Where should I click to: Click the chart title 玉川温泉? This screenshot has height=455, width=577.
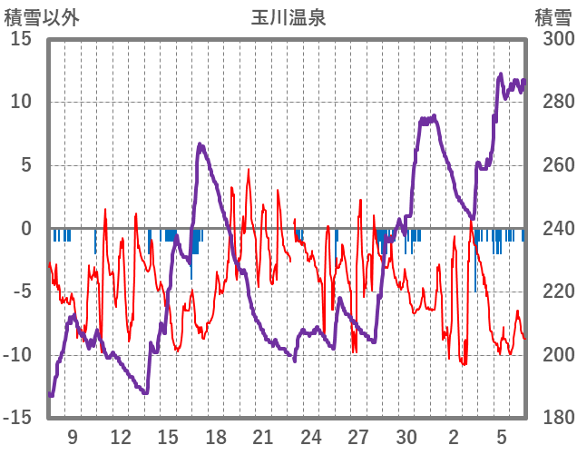[x=288, y=17]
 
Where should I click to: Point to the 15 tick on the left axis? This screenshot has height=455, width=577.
[x=21, y=39]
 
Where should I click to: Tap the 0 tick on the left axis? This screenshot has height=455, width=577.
[x=26, y=229]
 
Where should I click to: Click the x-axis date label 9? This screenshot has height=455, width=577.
[x=73, y=437]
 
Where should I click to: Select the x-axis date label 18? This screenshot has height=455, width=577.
[x=216, y=437]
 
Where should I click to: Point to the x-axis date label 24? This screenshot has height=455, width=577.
[x=311, y=437]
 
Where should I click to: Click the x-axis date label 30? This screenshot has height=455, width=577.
[x=406, y=437]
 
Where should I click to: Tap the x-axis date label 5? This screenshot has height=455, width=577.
[x=502, y=437]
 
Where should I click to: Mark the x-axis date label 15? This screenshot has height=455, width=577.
[x=168, y=437]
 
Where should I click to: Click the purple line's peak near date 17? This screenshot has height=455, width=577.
[x=200, y=144]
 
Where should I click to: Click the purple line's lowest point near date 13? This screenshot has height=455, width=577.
[x=143, y=392]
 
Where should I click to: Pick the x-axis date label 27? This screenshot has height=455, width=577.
[x=358, y=437]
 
